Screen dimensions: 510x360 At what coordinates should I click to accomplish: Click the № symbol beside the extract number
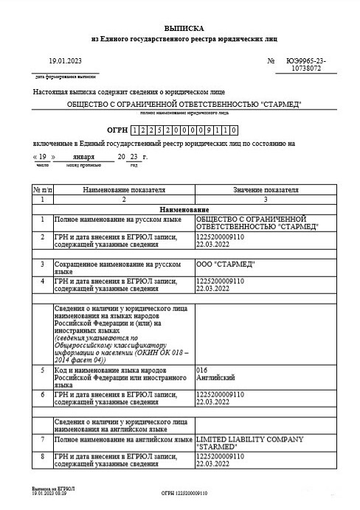click(x=271, y=60)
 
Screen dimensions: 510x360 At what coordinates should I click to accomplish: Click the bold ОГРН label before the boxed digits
click(x=117, y=128)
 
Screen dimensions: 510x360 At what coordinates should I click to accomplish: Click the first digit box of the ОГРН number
click(x=134, y=128)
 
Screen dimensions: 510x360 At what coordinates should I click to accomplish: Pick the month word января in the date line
click(x=83, y=158)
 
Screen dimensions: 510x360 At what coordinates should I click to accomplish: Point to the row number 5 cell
click(x=43, y=370)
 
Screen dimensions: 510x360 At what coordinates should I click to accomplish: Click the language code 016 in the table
click(x=202, y=370)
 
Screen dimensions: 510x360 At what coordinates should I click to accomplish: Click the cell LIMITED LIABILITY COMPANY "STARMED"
click(x=249, y=444)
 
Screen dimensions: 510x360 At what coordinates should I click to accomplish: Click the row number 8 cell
click(x=43, y=458)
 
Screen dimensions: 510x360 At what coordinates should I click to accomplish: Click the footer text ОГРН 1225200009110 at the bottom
click(x=184, y=491)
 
